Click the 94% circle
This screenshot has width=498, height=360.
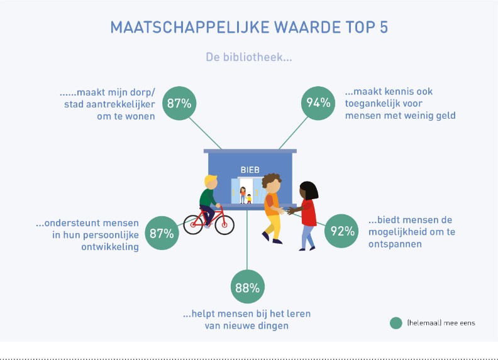tap(318, 103)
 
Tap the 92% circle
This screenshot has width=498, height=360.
tap(341, 231)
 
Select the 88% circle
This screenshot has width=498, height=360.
tap(247, 287)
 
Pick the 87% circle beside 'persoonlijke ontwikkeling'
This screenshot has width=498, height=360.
tap(162, 233)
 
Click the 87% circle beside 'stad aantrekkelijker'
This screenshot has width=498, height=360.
tap(179, 103)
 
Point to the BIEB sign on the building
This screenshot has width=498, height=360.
tap(250, 170)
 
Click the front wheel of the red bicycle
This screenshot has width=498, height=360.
tap(224, 225)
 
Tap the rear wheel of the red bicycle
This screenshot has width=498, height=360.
tap(193, 224)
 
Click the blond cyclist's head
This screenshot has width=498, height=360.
tap(211, 182)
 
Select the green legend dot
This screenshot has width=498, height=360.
tap(396, 323)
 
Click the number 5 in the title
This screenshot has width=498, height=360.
tap(384, 27)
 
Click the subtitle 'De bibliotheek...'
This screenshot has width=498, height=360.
tap(248, 57)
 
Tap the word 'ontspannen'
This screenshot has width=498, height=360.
tap(395, 244)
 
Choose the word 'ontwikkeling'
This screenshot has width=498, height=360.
tap(110, 247)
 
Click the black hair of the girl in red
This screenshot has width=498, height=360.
tap(309, 190)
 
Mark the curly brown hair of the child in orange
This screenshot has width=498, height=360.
tap(271, 180)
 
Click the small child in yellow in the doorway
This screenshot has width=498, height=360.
tap(249, 199)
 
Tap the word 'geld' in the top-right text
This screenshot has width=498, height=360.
tap(444, 116)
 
